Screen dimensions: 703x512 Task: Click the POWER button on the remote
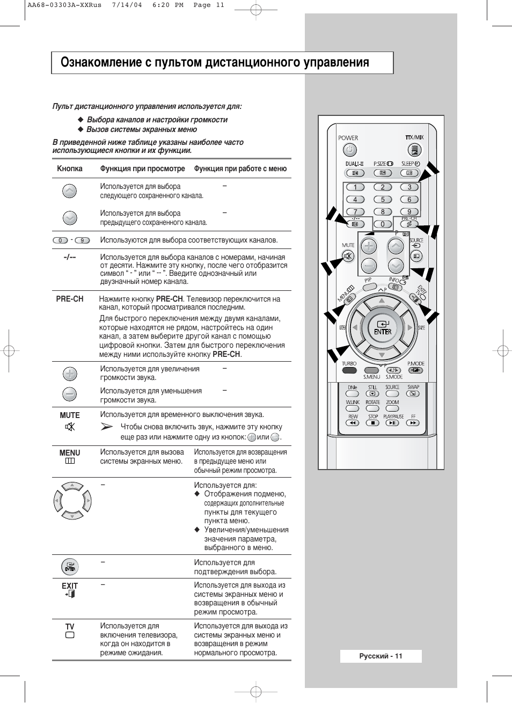tap(349, 150)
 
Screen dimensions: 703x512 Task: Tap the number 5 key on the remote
tap(383, 200)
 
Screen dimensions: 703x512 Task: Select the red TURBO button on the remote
tap(349, 370)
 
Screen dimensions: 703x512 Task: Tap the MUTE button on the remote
tap(348, 255)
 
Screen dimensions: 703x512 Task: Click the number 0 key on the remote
tap(382, 224)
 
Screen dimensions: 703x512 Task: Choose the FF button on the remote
tap(413, 423)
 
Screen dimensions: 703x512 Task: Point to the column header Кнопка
tap(70, 169)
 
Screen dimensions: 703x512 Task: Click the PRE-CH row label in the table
tap(70, 299)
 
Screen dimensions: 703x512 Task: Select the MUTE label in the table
tap(70, 415)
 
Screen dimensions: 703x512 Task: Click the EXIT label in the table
tap(70, 586)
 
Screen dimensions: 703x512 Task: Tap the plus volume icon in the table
tap(70, 374)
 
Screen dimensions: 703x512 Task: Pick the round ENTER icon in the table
tap(70, 567)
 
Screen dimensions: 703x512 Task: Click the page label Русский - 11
tap(381, 656)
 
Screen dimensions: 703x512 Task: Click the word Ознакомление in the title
tap(101, 63)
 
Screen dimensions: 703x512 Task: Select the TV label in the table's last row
tap(70, 627)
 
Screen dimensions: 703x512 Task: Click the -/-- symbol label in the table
tap(70, 257)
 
